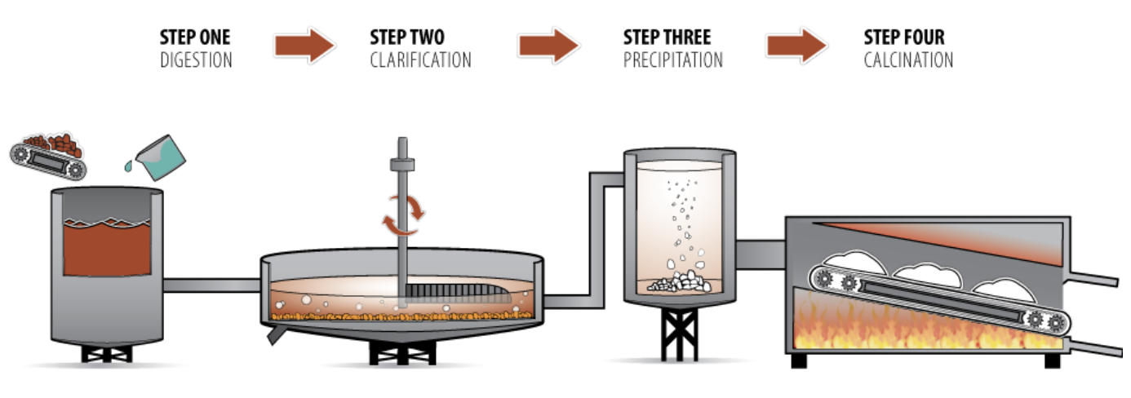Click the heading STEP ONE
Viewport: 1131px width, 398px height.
(x=195, y=38)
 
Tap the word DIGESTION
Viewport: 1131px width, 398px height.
(x=196, y=60)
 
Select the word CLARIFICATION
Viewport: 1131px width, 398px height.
(x=420, y=60)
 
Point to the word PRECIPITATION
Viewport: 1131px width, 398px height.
(x=672, y=60)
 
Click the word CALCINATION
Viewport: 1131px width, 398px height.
(x=907, y=60)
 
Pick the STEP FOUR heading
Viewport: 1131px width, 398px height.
(x=904, y=38)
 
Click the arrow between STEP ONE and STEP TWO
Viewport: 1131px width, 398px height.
(x=304, y=46)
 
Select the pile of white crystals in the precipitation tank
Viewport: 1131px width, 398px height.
(x=680, y=282)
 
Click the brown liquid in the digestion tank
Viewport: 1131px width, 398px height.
(x=107, y=249)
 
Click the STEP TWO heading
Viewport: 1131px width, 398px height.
(x=407, y=38)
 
